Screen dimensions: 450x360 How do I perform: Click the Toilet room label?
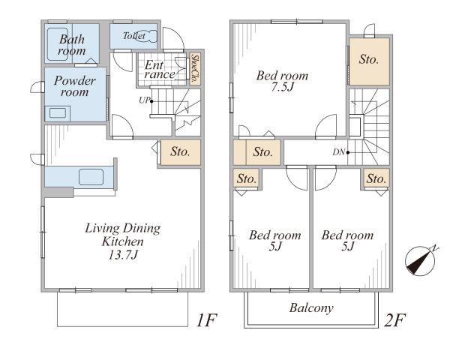(x=134, y=36)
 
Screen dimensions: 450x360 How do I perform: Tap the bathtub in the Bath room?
(x=58, y=44)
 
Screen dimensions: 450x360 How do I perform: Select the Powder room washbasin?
(x=58, y=112)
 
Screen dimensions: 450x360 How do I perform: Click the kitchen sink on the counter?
(x=91, y=177)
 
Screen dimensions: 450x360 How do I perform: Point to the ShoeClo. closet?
(x=195, y=69)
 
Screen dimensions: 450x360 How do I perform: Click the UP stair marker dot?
(x=151, y=101)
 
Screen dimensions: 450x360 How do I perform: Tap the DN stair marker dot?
(x=348, y=152)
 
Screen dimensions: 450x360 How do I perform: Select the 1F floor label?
(x=207, y=320)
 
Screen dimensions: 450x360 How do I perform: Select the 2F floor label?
(x=395, y=320)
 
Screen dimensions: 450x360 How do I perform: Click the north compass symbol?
(x=420, y=261)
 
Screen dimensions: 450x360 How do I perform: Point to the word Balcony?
(x=311, y=308)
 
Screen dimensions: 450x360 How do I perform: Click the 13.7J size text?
(x=124, y=255)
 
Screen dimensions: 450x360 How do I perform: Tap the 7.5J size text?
(x=283, y=87)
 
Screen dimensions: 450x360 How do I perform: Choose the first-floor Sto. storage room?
(x=181, y=152)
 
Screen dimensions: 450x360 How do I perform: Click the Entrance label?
(x=159, y=70)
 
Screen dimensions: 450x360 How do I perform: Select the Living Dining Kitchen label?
(x=123, y=235)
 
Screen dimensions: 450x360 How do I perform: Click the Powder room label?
(x=74, y=86)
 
